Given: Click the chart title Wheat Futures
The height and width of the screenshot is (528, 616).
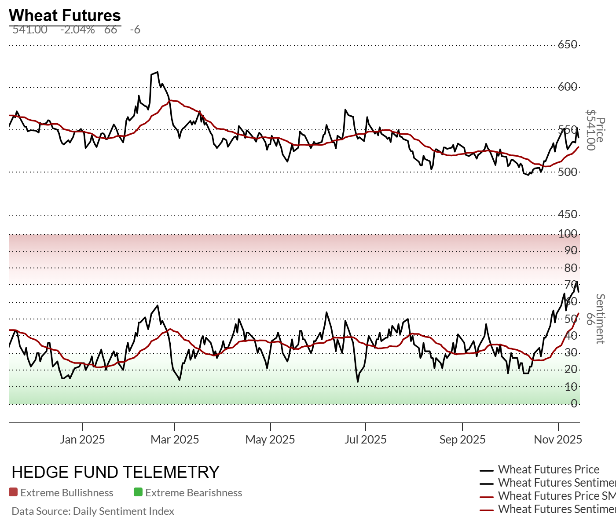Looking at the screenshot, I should (65, 15).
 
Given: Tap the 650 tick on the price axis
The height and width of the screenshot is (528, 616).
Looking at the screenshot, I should (568, 44).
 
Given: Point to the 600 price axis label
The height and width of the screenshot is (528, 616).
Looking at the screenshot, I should (568, 87).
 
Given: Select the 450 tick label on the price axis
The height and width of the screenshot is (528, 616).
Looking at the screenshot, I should (568, 214).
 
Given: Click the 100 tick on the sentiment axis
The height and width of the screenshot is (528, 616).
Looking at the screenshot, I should (568, 234).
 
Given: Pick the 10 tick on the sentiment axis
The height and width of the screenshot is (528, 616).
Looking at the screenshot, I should (571, 387).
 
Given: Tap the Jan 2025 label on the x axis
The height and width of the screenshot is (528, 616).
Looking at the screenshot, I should (82, 439).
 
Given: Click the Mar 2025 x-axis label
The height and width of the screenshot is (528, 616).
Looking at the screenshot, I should (175, 439).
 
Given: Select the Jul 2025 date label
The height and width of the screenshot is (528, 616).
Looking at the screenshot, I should (366, 439).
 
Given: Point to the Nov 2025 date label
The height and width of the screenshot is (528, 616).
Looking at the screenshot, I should (558, 439).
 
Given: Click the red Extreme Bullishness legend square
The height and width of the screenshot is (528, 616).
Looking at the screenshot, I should (13, 492).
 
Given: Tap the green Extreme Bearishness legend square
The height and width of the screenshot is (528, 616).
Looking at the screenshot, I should (138, 492).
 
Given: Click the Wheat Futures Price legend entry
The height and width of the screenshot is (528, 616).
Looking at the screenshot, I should (548, 469).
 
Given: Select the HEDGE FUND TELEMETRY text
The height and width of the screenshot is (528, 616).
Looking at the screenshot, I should (115, 472).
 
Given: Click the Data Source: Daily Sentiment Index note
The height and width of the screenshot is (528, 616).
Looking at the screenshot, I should (93, 511).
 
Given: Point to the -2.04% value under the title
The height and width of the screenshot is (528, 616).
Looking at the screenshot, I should (77, 30).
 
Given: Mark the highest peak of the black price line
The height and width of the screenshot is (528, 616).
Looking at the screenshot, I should (157, 73).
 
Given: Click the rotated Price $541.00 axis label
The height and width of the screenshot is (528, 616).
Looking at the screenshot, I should (595, 130).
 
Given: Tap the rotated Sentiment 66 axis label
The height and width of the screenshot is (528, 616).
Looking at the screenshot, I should (595, 319).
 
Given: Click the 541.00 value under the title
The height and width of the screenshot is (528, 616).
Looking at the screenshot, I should (30, 30).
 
